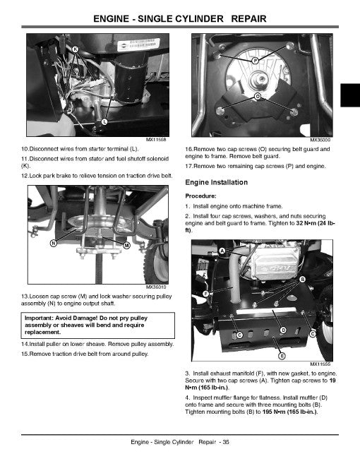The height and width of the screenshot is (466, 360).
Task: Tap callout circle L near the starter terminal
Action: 105,123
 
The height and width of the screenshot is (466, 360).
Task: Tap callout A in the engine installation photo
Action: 223,251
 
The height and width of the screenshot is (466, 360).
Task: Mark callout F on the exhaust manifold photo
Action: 206,292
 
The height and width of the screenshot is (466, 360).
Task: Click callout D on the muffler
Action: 283,330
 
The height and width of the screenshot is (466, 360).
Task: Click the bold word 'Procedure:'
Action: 200,196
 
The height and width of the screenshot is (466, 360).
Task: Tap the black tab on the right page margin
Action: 349,94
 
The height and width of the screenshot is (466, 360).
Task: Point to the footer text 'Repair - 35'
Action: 212,443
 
